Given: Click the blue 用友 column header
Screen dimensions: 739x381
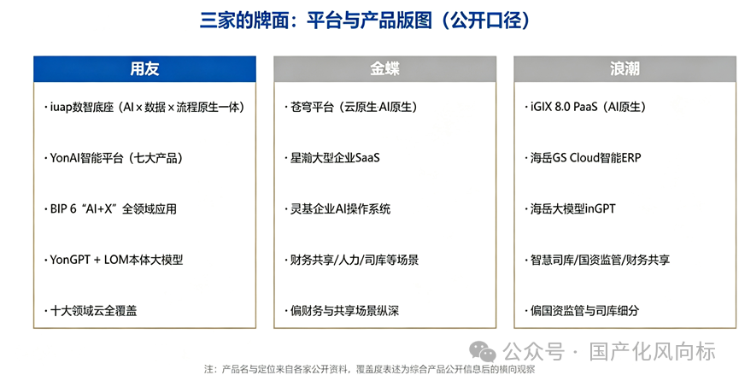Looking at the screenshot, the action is click(144, 69).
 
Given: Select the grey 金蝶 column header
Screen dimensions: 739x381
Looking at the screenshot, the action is click(384, 69).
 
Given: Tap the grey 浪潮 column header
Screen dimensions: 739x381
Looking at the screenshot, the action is click(625, 69).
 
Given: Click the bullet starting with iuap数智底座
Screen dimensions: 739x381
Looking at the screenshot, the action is click(144, 108).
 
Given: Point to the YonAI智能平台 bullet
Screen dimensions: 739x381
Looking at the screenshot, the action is click(114, 158).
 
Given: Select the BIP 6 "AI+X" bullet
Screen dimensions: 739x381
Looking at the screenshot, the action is click(110, 209).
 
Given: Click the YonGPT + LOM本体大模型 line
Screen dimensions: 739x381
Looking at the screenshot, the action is click(114, 260).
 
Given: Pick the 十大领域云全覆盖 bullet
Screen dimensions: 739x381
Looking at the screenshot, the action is click(91, 311).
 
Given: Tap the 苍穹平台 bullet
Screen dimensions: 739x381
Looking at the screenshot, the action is click(351, 108).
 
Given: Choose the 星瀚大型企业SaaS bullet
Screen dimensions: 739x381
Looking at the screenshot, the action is click(332, 158).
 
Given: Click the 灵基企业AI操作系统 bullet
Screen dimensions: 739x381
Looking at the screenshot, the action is click(337, 209).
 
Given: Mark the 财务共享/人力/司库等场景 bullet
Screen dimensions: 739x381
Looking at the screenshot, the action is click(352, 260).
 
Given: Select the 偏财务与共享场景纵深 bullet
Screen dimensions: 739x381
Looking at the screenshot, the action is click(342, 311).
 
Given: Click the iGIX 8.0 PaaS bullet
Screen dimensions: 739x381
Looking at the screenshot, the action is click(585, 108).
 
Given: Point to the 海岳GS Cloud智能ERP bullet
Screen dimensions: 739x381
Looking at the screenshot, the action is click(583, 158).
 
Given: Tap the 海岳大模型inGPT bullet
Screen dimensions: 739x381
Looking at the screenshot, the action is click(571, 209).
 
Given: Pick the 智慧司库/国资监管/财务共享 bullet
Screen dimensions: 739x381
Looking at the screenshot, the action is click(597, 260).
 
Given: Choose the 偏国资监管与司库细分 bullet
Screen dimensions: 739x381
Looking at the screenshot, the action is click(582, 311).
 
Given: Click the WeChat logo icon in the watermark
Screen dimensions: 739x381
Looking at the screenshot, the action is click(482, 351).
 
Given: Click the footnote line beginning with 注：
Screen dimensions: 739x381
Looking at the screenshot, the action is click(370, 369).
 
